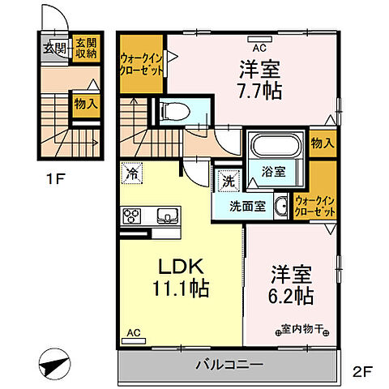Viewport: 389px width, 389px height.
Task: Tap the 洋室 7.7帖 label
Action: point(259,79)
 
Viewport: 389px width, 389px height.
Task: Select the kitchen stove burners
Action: point(131,216)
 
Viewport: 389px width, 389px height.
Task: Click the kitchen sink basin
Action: point(167,216)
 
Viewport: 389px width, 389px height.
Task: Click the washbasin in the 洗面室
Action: point(281,206)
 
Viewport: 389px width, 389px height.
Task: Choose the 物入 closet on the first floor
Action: point(86,103)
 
